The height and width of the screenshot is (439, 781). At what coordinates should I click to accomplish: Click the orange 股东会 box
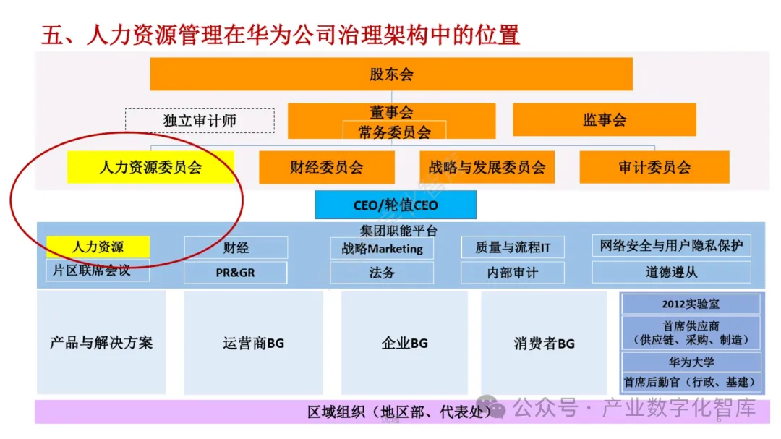391,74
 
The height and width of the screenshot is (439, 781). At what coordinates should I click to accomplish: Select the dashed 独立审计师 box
200,121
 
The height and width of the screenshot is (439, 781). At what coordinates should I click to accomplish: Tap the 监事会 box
605,120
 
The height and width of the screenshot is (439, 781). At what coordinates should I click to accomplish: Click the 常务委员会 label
394,132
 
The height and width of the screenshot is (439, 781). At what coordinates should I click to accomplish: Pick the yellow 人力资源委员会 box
150,167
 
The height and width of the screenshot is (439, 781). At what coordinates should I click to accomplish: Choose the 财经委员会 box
327,167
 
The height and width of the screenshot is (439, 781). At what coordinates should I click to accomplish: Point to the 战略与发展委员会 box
487,167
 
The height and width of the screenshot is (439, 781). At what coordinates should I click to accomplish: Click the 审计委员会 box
654,167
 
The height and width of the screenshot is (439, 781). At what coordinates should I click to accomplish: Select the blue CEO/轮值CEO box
396,205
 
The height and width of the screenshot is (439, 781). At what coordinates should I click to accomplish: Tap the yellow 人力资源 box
98,247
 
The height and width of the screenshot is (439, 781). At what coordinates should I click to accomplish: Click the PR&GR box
235,273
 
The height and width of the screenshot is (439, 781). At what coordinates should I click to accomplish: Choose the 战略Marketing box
382,248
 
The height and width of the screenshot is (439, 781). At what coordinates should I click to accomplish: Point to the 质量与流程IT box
513,247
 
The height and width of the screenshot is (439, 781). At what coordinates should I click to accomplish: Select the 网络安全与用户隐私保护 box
670,246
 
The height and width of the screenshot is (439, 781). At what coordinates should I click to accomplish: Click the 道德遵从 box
670,273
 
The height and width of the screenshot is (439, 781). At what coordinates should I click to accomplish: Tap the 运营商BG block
253,343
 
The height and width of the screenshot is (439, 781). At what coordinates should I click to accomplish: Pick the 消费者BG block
544,343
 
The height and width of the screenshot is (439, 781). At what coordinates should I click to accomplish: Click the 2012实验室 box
691,304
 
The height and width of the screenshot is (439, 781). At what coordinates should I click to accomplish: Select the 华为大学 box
691,362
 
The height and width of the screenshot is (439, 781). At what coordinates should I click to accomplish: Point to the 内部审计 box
513,273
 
